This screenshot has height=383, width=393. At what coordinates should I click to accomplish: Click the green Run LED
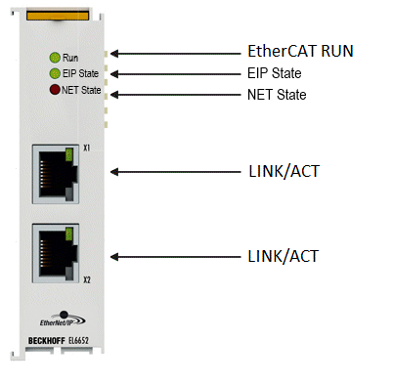[x=55, y=58]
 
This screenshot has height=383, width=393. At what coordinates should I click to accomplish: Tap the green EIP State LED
[x=55, y=73]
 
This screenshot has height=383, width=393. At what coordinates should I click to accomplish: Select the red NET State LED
[x=55, y=90]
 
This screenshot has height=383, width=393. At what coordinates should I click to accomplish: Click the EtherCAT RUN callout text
[x=300, y=51]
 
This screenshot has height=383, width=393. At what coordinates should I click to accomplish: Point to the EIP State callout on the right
[x=275, y=73]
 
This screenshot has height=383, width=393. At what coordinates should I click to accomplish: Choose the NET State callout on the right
[x=277, y=95]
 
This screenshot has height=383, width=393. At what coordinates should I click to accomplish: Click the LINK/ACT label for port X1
[x=284, y=171]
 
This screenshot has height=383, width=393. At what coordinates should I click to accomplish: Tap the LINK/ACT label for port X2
[x=283, y=256]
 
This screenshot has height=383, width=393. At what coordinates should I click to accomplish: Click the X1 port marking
[x=86, y=148]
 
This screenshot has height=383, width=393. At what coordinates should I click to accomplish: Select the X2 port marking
[x=87, y=279]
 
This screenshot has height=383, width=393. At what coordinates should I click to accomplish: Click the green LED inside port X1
[x=68, y=154]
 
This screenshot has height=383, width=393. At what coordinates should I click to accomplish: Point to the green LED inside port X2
[x=68, y=234]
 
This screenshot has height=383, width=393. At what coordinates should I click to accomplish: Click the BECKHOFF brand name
[x=47, y=341]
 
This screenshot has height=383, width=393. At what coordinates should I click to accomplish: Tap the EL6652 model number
[x=78, y=341]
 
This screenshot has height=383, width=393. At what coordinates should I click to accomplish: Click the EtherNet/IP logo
[x=63, y=319]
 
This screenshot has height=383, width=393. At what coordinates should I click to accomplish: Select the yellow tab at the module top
[x=58, y=16]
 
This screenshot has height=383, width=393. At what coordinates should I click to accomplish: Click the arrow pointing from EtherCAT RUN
[x=176, y=54]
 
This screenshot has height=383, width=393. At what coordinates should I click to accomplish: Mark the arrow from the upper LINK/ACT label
[x=176, y=172]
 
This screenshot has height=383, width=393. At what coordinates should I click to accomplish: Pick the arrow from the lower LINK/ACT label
[x=176, y=257]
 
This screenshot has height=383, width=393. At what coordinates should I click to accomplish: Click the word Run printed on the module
[x=70, y=58]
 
